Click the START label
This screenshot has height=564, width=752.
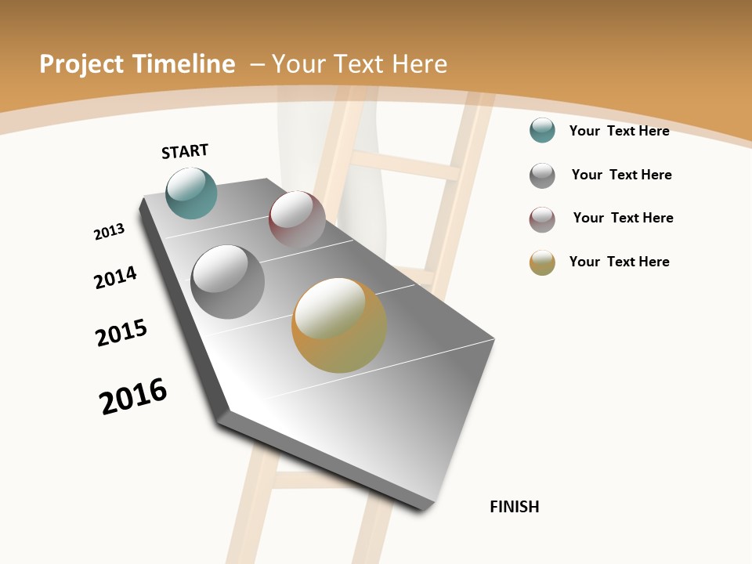[x=185, y=151]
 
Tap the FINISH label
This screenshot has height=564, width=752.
[x=515, y=507]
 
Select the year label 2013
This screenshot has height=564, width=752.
[x=110, y=232]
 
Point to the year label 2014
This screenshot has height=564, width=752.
[x=115, y=277]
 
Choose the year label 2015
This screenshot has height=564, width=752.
[x=121, y=333]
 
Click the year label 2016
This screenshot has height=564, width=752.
[x=133, y=396]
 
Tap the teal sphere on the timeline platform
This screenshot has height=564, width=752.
[x=191, y=193]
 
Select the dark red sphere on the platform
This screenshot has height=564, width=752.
[x=297, y=219]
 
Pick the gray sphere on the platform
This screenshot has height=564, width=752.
[x=227, y=282]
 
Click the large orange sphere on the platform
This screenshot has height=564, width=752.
[x=339, y=325]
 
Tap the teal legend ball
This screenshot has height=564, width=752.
[x=542, y=130]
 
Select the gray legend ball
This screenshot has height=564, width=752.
[x=542, y=175]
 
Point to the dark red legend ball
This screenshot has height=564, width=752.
[x=542, y=219]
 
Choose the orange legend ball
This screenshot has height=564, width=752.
[x=542, y=262]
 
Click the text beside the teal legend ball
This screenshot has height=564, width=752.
[x=619, y=131]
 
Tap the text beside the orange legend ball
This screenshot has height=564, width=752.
[x=619, y=262]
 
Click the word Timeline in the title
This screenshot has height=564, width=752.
[x=185, y=64]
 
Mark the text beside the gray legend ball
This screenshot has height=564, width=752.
[x=621, y=175]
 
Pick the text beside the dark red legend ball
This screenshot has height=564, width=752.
[x=623, y=218]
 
